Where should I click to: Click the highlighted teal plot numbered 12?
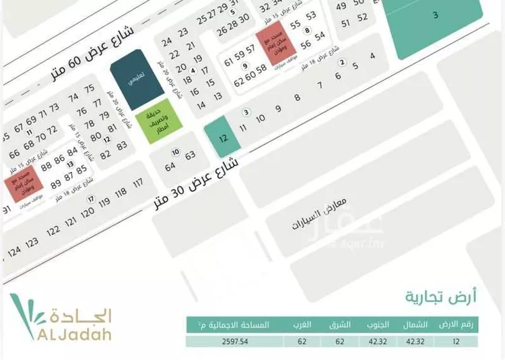[221, 137]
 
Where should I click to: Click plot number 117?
[138, 183]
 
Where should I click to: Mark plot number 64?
[170, 166]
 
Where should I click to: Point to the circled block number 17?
[90, 199]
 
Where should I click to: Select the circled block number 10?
[176, 151]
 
